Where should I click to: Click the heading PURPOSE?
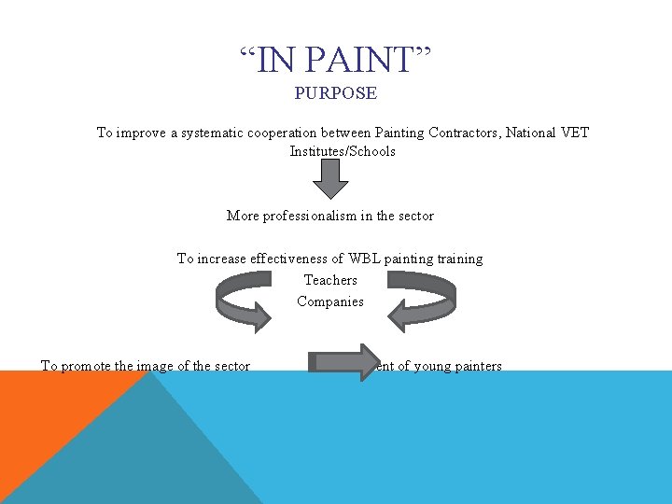pyautogui.click(x=336, y=93)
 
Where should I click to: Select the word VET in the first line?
pyautogui.click(x=575, y=133)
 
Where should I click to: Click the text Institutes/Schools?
pyautogui.click(x=343, y=151)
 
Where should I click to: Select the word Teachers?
pyautogui.click(x=330, y=280)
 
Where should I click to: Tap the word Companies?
pyautogui.click(x=330, y=301)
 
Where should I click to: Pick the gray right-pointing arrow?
pyautogui.click(x=342, y=360)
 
